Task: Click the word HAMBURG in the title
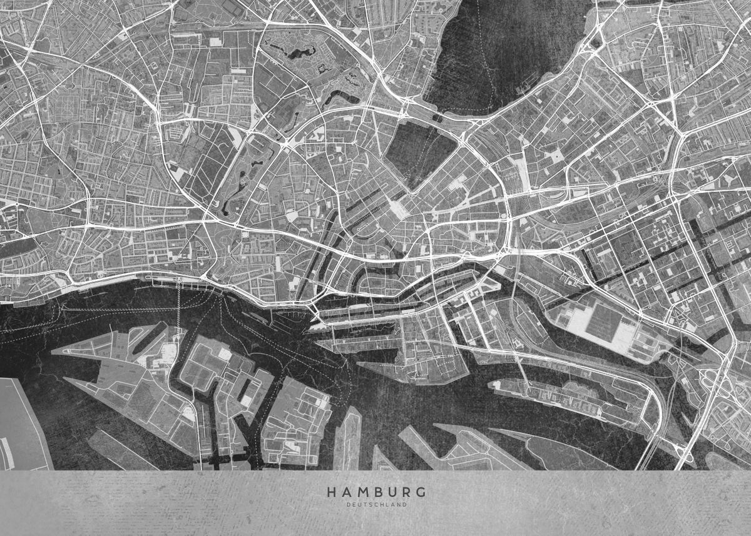coord(375,492)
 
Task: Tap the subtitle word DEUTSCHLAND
coord(375,504)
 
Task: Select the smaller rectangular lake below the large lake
coord(419,150)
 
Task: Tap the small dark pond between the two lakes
coord(437,118)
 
